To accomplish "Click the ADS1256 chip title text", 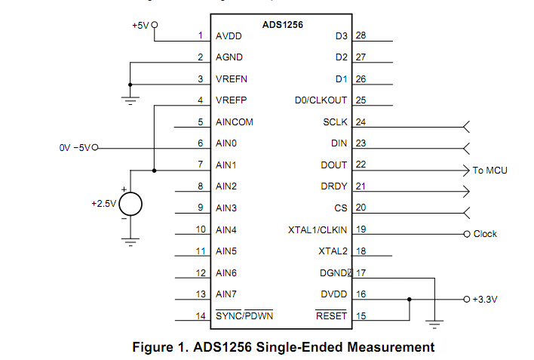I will point(283,24).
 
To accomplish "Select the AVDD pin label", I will point(229,35).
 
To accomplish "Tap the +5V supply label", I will point(140,25).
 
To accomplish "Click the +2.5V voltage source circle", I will point(130,204).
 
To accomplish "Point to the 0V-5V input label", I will point(74,148).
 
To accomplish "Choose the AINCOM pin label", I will point(234,122).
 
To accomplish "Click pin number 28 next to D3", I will point(361,35).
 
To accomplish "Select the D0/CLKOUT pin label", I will point(321,100).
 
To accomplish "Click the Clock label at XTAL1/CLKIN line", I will point(485,234).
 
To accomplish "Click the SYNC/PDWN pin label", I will point(244,315).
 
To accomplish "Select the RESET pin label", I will point(331,315).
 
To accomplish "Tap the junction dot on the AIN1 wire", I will point(154,170).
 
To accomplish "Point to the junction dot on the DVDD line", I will point(409,299).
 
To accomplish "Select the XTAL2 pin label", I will point(333,251).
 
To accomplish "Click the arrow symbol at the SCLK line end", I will point(466,126).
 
